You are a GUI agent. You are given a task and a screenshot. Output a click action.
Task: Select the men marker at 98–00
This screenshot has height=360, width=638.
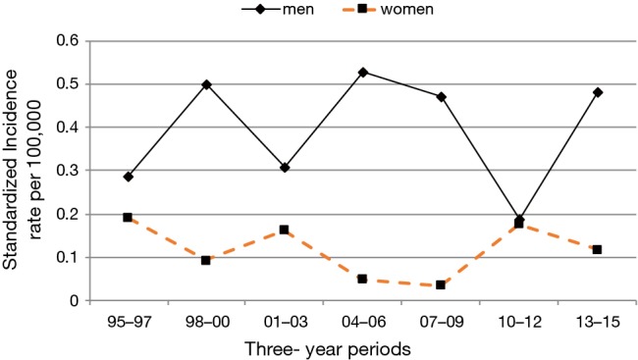pyautogui.click(x=206, y=84)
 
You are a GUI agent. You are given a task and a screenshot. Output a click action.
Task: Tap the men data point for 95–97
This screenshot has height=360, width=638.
pyautogui.click(x=129, y=177)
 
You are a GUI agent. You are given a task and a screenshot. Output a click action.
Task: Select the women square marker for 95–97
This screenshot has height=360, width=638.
pyautogui.click(x=129, y=217)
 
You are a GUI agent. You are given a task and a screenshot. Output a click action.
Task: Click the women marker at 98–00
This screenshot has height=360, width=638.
pyautogui.click(x=206, y=260)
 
